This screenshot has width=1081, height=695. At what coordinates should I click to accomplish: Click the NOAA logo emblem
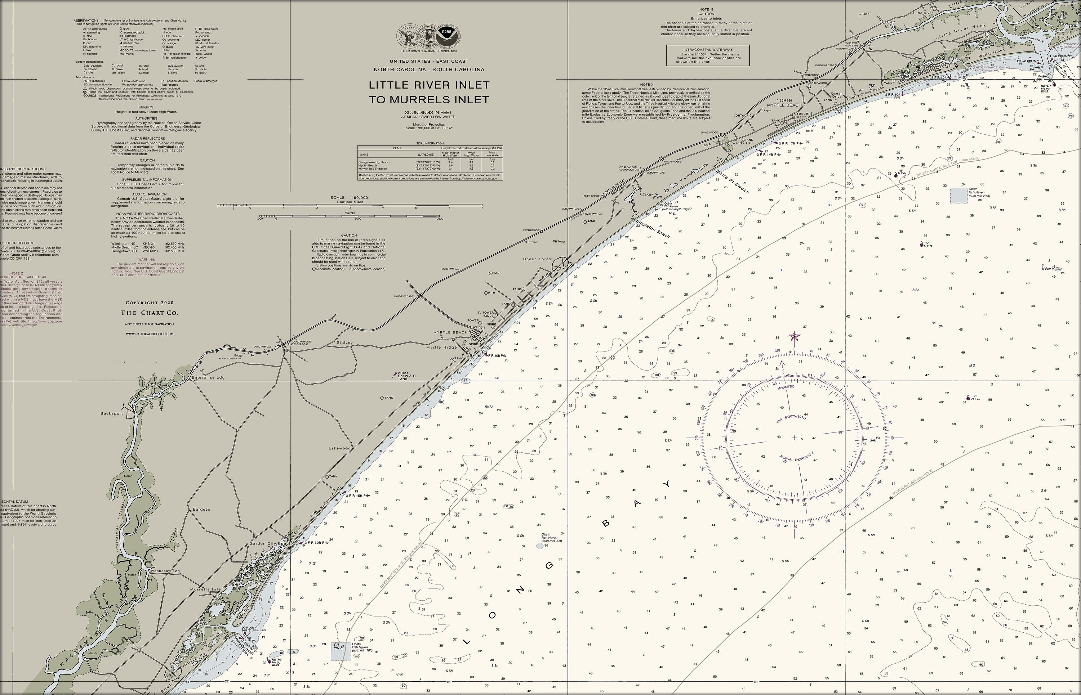pos(446,35)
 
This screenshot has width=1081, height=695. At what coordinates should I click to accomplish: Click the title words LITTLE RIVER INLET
pos(428,85)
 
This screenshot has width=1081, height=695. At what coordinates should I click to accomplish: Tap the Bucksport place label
pos(112,413)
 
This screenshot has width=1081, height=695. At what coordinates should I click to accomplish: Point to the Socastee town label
pos(298,344)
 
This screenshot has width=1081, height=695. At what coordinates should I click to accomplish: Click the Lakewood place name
pos(339,448)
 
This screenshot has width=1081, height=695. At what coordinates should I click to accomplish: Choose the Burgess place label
pos(201,509)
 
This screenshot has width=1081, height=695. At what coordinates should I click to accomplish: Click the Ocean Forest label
pos(538,259)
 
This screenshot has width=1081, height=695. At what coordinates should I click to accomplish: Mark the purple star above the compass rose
pos(794,336)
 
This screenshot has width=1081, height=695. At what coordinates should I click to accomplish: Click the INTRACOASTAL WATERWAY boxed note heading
pos(708,50)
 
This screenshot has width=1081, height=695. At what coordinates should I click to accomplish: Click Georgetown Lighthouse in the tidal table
pos(374,162)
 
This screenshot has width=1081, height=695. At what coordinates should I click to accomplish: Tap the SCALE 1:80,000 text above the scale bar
pos(349,198)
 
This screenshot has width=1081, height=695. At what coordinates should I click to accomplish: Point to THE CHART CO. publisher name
pos(149,313)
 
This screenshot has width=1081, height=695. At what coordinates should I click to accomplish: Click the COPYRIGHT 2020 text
pos(150,303)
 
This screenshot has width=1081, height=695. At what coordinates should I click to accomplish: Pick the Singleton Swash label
pos(653,229)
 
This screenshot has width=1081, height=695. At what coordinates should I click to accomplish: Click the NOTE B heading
pos(706,9)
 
